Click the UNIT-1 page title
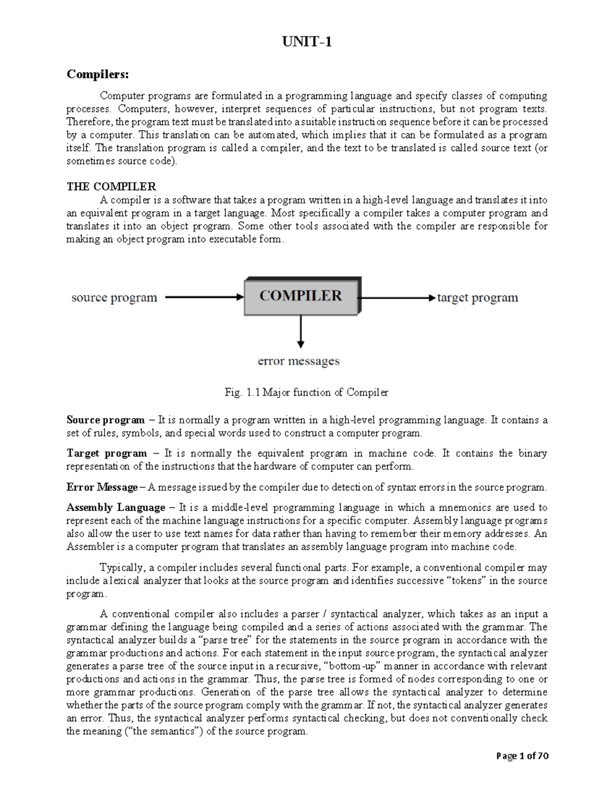point(307,42)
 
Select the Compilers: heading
point(98,74)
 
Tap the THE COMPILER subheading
point(111,186)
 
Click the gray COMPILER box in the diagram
point(301,296)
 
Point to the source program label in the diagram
point(114,297)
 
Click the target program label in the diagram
point(477,297)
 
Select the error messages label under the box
point(298,361)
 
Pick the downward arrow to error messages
point(301,332)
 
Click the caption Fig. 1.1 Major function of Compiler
point(306,393)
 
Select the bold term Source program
point(106,420)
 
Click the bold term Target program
point(107,454)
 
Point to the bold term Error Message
point(102,487)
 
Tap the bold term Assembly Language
point(116,508)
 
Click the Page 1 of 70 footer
point(522,756)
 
